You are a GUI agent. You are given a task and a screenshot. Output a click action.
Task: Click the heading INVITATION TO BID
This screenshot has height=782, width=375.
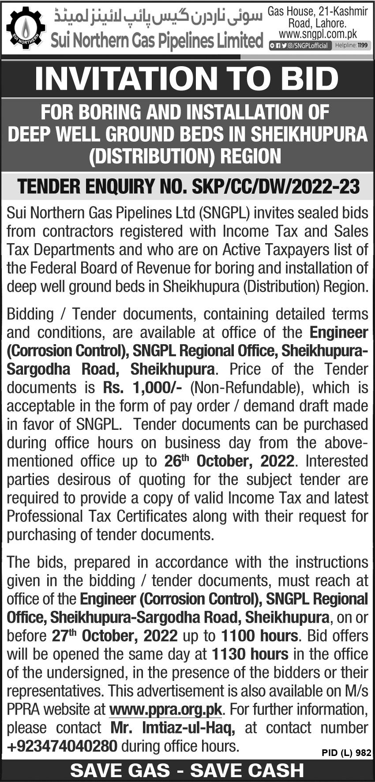pyautogui.click(x=187, y=79)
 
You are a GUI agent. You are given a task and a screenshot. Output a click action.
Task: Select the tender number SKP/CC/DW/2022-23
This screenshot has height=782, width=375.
pyautogui.click(x=276, y=187)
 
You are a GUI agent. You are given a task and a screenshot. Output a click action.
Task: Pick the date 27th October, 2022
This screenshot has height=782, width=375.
pyautogui.click(x=114, y=636)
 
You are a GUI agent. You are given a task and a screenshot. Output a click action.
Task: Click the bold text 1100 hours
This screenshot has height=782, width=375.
pyautogui.click(x=259, y=636)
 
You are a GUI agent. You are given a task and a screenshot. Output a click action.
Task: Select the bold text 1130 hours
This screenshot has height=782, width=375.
pyautogui.click(x=250, y=654)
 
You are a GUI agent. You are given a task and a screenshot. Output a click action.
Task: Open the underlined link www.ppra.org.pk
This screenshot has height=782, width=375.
pyautogui.click(x=165, y=710)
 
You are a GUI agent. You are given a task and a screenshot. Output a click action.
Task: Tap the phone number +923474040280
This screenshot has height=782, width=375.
pyautogui.click(x=62, y=746)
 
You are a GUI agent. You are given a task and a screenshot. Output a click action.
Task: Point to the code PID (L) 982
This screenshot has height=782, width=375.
pyautogui.click(x=346, y=753)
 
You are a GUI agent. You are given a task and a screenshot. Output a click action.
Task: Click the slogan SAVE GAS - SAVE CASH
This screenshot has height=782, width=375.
pyautogui.click(x=187, y=771)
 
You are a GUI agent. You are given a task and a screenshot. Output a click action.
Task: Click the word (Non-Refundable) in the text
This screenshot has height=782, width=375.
pyautogui.click(x=247, y=387)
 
